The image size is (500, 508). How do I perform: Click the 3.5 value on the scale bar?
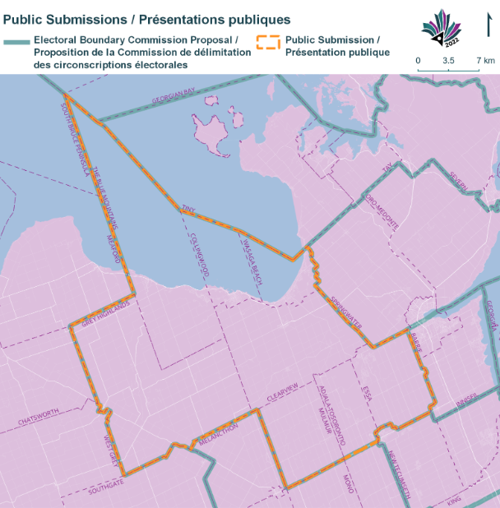(x=448, y=61)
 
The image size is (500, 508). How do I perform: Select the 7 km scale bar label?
(x=484, y=61)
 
